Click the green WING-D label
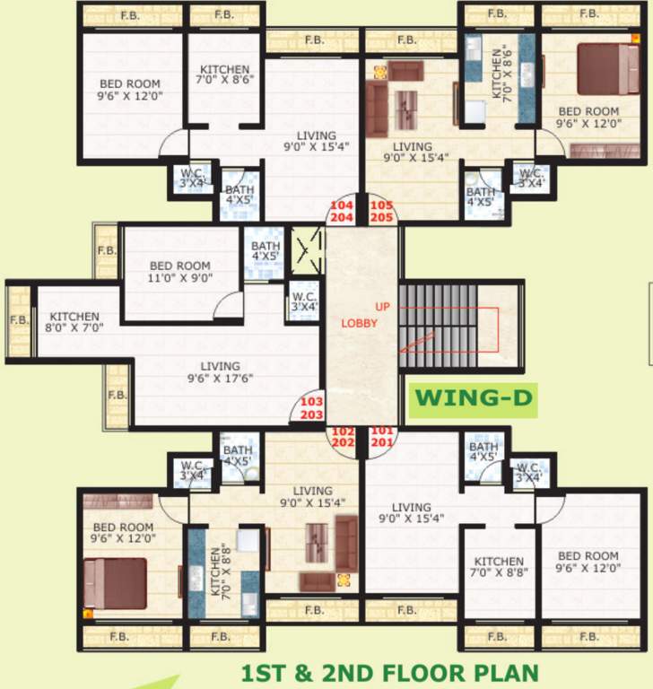tap(474, 397)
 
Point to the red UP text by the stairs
tap(383, 307)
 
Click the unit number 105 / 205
tap(381, 211)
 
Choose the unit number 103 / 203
tap(311, 408)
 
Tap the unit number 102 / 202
tap(343, 436)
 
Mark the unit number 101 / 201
tap(382, 436)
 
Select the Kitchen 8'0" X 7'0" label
tap(74, 322)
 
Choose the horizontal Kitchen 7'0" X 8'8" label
tap(499, 567)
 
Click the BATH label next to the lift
tap(266, 251)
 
